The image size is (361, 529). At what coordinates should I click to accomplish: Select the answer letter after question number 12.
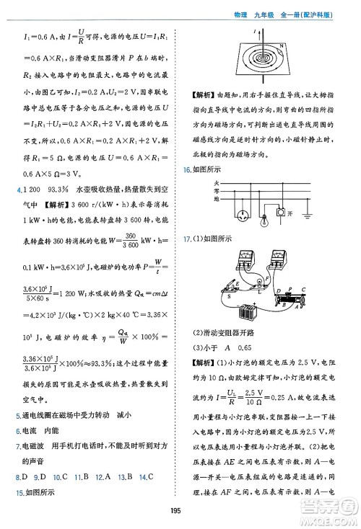click(x=108, y=476)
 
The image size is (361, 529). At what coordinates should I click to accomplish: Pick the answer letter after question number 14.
click(x=153, y=476)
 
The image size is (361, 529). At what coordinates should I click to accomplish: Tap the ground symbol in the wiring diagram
click(x=308, y=215)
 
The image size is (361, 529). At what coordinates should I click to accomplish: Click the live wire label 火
click(x=215, y=184)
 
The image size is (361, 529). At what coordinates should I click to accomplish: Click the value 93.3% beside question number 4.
click(x=64, y=188)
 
